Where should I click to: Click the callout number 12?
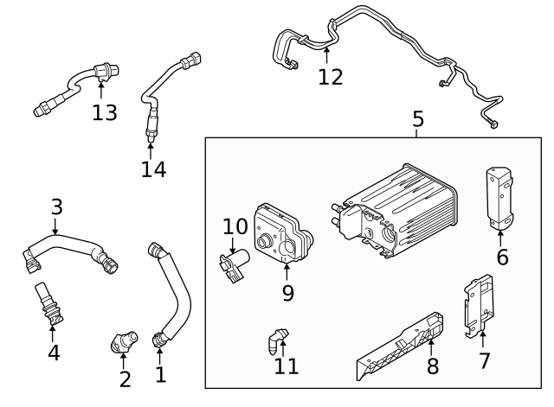coord(330,77)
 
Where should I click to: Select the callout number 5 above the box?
coord(418,119)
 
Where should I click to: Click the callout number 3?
coord(56,207)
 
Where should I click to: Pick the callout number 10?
coord(235,227)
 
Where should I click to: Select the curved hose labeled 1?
coord(173,294)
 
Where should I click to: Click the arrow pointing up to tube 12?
coord(326,56)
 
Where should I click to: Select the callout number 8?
coord(432,366)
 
